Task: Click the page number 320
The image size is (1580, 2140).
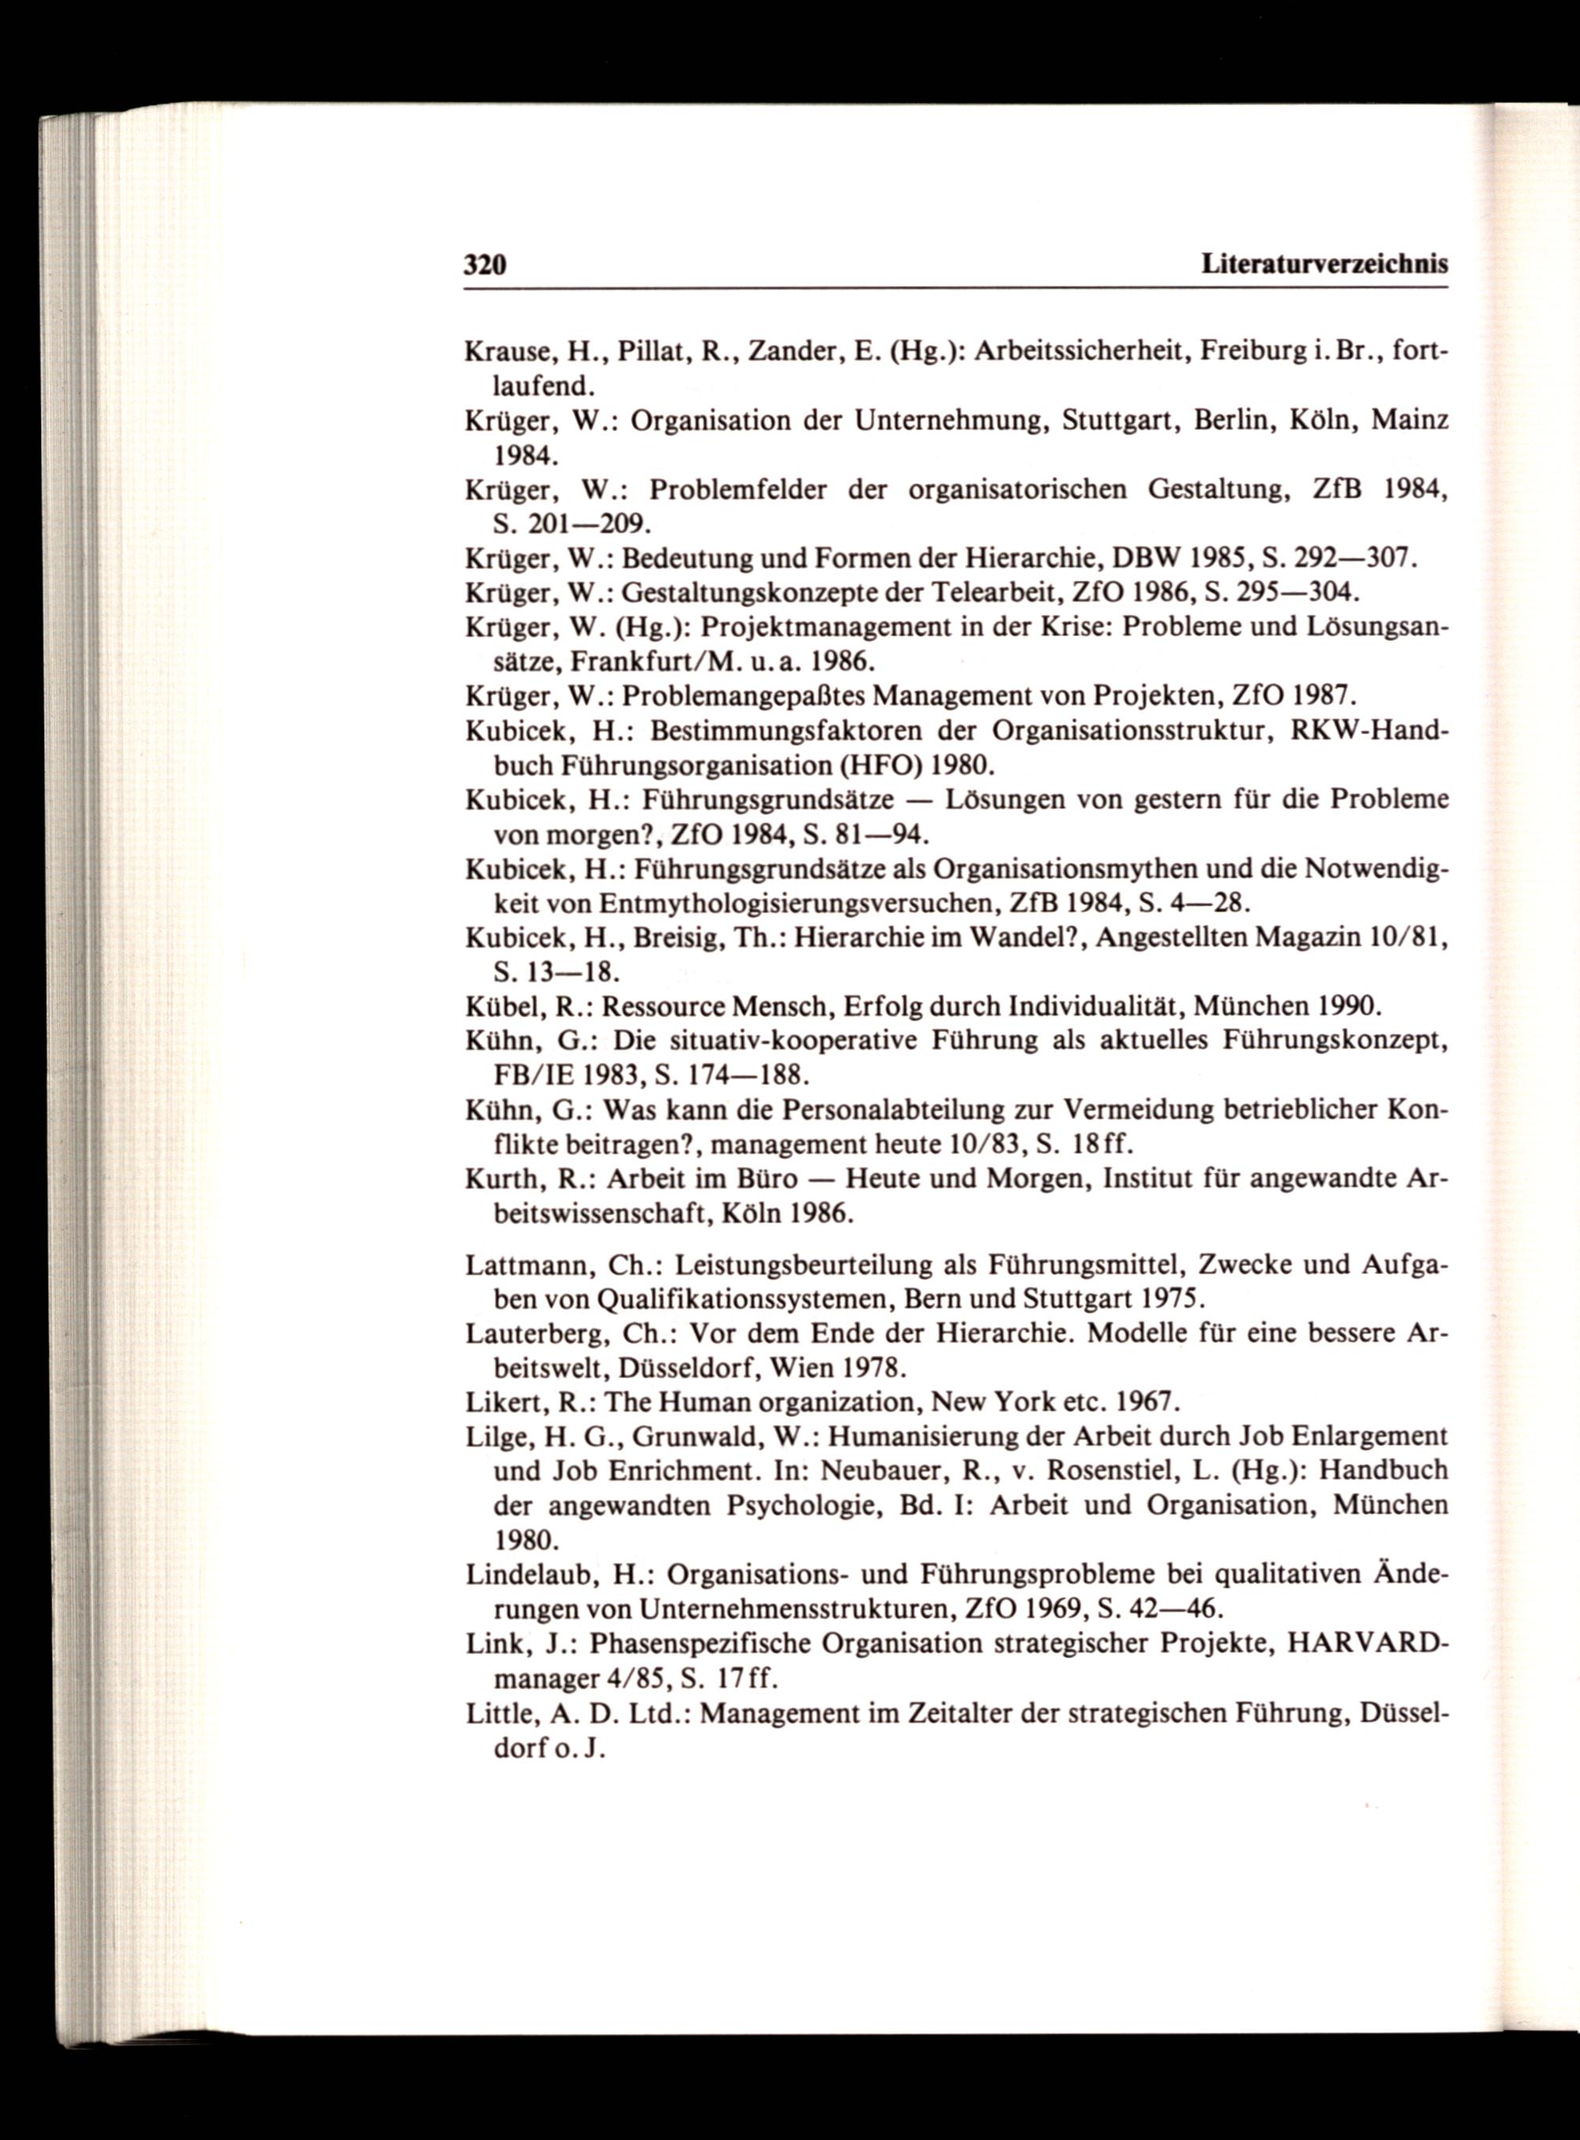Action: click(485, 265)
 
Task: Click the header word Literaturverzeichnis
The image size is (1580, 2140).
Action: click(1325, 264)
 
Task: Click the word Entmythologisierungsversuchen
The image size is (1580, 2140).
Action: click(796, 903)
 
